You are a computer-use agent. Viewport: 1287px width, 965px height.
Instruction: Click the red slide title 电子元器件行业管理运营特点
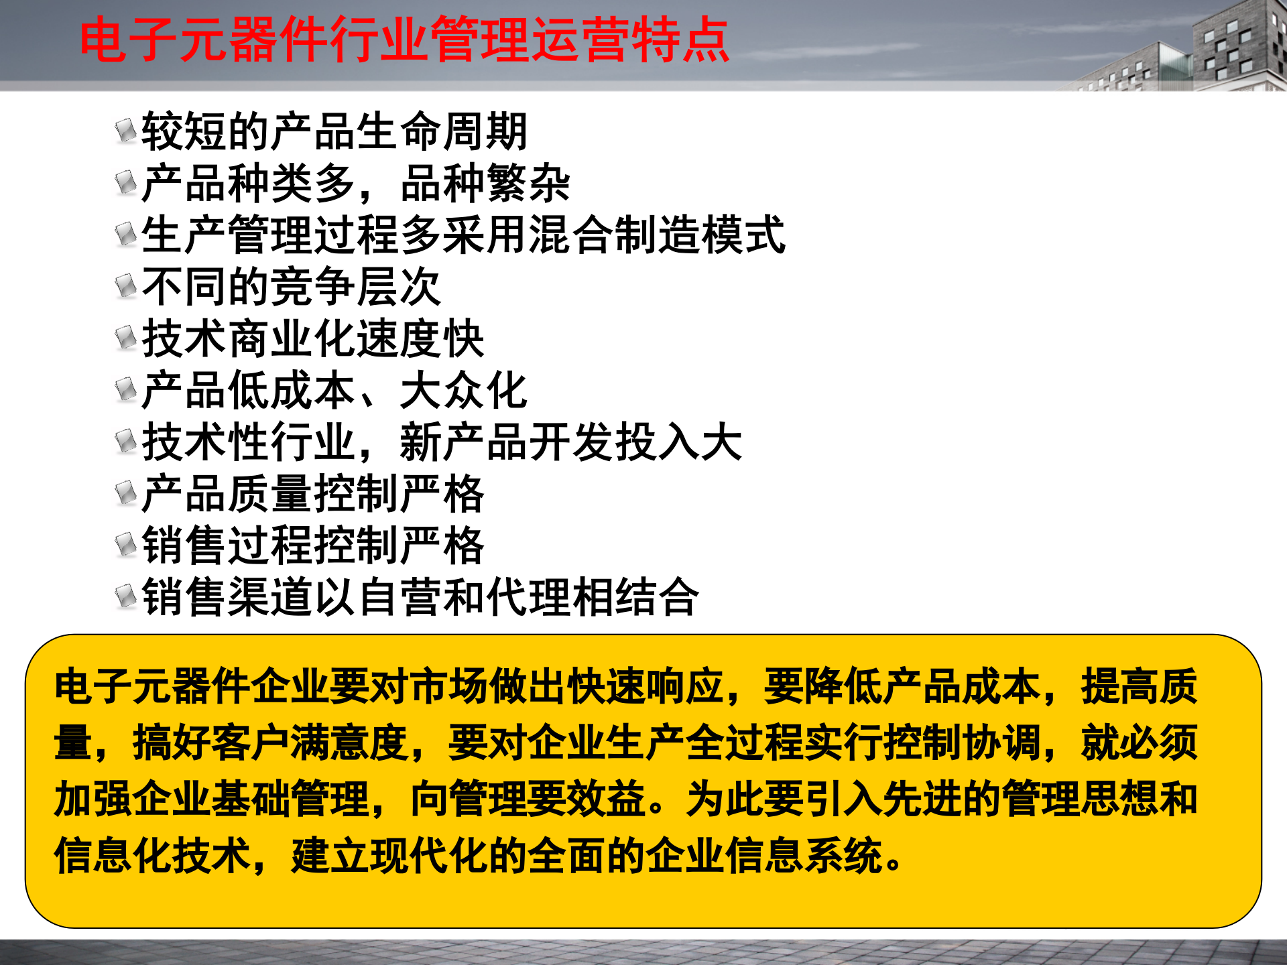pyautogui.click(x=404, y=40)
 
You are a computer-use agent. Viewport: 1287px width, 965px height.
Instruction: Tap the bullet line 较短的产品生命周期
pyautogui.click(x=334, y=131)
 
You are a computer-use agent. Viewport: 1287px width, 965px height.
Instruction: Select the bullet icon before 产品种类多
pyautogui.click(x=125, y=182)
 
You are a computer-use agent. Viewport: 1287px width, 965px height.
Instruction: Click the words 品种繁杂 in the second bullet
pyautogui.click(x=485, y=184)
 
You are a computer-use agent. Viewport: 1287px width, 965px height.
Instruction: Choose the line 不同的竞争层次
pyautogui.click(x=291, y=287)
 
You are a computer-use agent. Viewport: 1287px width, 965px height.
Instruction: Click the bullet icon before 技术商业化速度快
pyautogui.click(x=125, y=338)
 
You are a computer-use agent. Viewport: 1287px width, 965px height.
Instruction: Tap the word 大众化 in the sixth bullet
pyautogui.click(x=463, y=391)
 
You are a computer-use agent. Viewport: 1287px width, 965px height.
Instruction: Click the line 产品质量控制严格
pyautogui.click(x=312, y=494)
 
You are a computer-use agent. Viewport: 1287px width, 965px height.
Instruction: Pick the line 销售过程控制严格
pyautogui.click(x=312, y=545)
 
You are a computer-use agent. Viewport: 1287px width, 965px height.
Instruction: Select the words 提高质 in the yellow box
pyautogui.click(x=1139, y=687)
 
